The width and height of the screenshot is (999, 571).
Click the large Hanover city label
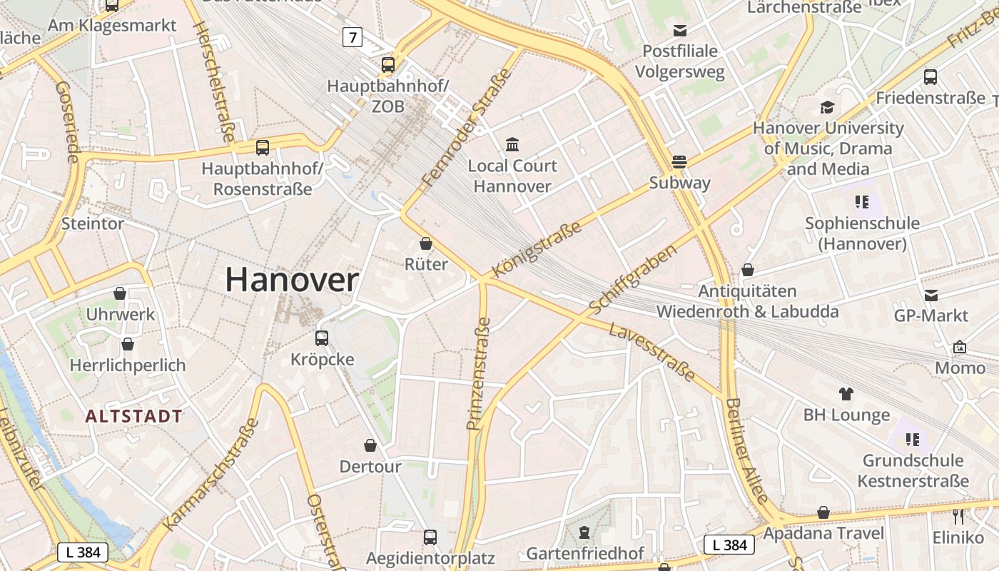click(x=292, y=279)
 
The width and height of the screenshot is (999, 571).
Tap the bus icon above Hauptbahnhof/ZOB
click(x=388, y=65)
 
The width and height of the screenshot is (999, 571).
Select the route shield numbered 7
click(x=352, y=37)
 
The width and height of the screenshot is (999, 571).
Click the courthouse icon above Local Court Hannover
click(x=512, y=145)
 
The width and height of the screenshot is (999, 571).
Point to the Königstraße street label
click(x=537, y=249)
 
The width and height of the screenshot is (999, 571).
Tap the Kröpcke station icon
click(x=322, y=338)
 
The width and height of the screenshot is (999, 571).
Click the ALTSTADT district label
click(x=134, y=416)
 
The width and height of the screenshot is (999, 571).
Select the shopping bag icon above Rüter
click(x=426, y=243)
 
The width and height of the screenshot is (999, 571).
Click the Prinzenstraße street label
click(x=479, y=374)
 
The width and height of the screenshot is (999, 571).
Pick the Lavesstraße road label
click(x=651, y=352)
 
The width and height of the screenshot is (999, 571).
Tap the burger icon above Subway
click(x=679, y=161)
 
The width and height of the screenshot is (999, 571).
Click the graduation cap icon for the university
click(x=827, y=107)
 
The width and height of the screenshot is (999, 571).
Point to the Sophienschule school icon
click(x=862, y=202)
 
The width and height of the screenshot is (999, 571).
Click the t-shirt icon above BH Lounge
click(x=846, y=393)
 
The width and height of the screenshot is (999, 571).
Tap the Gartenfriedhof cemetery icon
click(x=584, y=532)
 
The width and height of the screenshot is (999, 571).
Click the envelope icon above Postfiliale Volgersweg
click(x=679, y=30)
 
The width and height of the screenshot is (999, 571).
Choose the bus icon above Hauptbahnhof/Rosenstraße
click(x=263, y=148)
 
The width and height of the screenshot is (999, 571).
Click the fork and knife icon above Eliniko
click(x=958, y=516)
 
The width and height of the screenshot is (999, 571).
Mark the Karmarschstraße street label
click(x=211, y=474)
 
